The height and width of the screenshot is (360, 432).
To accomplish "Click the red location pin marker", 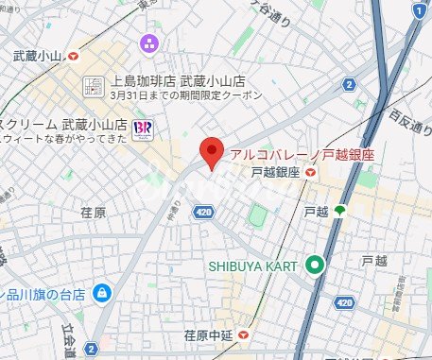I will pos(214,151).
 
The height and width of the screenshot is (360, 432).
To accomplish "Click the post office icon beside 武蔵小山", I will pos(74,57).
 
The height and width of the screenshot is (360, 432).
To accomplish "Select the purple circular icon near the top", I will pos(148,43).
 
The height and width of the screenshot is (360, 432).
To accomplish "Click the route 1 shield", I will pos(419,10).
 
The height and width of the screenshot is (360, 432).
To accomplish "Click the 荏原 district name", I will pos(93,214).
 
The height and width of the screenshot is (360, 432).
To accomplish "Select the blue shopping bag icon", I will pos(100,293).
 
